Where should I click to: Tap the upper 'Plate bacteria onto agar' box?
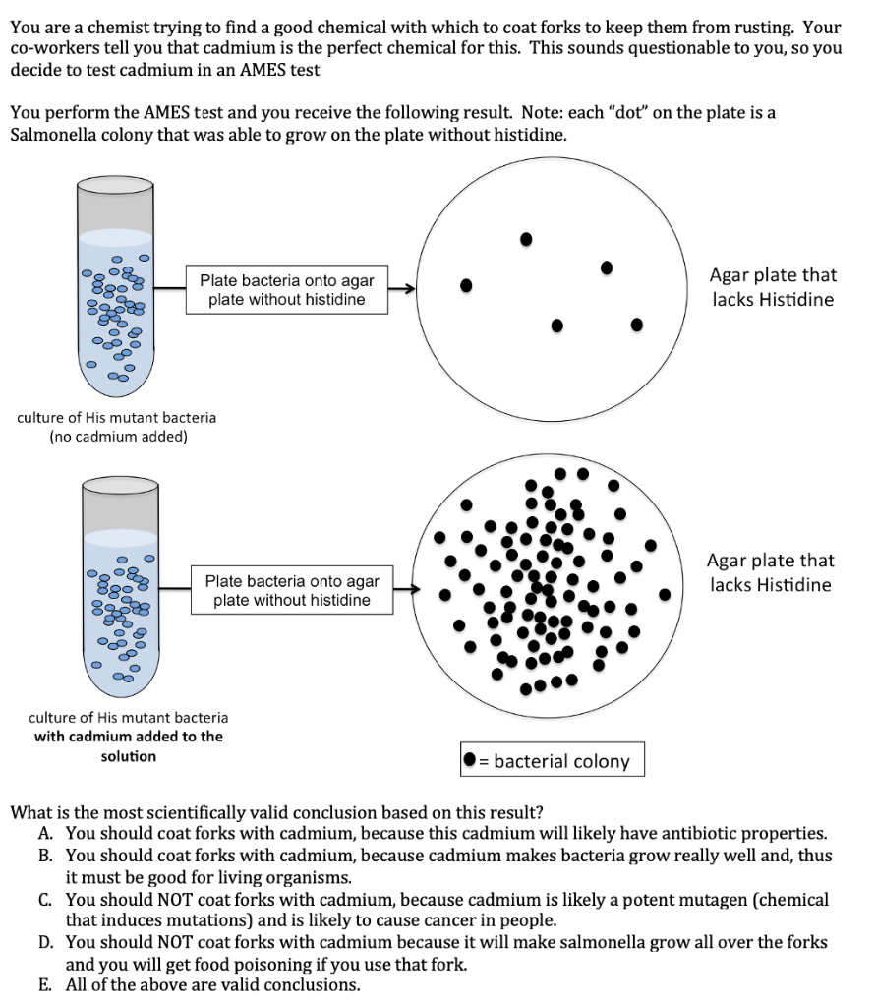(x=286, y=289)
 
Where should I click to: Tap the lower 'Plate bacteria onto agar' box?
(x=292, y=590)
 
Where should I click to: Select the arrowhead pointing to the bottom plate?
(x=414, y=590)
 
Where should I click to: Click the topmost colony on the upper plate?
(x=527, y=238)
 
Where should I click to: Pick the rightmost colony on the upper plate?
(x=637, y=324)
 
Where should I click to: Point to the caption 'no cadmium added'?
(x=118, y=437)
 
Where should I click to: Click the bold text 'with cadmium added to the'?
(x=129, y=736)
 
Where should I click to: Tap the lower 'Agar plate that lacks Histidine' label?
(x=770, y=572)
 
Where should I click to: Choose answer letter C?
(x=45, y=900)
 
